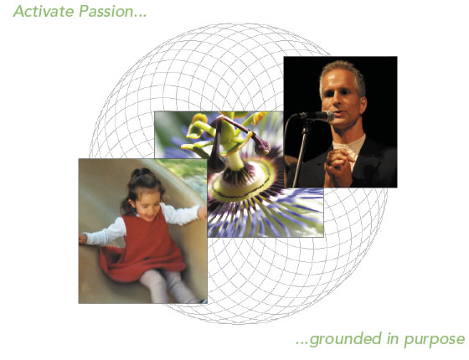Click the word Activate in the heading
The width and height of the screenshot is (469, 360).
tap(44, 12)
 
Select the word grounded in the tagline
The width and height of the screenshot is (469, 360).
tap(345, 339)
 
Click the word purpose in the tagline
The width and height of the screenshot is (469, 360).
tap(435, 340)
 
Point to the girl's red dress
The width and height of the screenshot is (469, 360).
tap(143, 248)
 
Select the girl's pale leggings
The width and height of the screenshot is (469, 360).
tap(166, 285)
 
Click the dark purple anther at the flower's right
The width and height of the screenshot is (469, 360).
tap(260, 144)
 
